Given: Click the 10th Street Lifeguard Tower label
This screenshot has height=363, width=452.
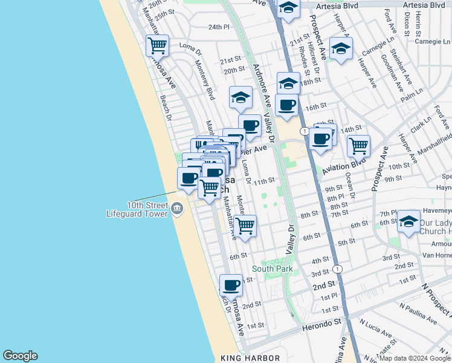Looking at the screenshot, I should tap(137, 209).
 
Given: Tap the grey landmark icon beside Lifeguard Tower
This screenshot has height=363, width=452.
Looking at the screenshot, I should tap(176, 209).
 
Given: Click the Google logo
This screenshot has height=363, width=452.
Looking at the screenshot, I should tap(20, 356).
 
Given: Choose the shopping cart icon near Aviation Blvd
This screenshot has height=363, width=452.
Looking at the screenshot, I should tap(359, 145).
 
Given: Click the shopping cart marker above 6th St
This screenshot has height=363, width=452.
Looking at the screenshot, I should tap(245, 226).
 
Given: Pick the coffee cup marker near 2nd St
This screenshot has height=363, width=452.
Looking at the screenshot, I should tap(230, 284).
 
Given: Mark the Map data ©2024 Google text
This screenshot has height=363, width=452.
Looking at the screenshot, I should tap(415, 358).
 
